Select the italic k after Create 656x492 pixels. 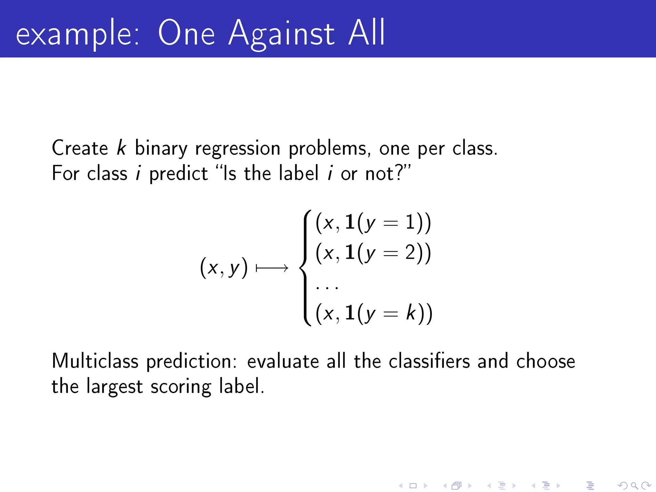pyautogui.click(x=121, y=148)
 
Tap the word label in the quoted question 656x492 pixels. pyautogui.click(x=299, y=173)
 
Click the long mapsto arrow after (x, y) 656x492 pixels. pyautogui.click(x=272, y=268)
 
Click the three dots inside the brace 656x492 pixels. pyautogui.click(x=327, y=287)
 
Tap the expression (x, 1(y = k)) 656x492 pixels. pyautogui.click(x=374, y=313)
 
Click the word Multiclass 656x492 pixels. pyautogui.click(x=95, y=361)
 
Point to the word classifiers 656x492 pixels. pyautogui.click(x=429, y=361)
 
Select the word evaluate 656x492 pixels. pyautogui.click(x=283, y=361)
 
